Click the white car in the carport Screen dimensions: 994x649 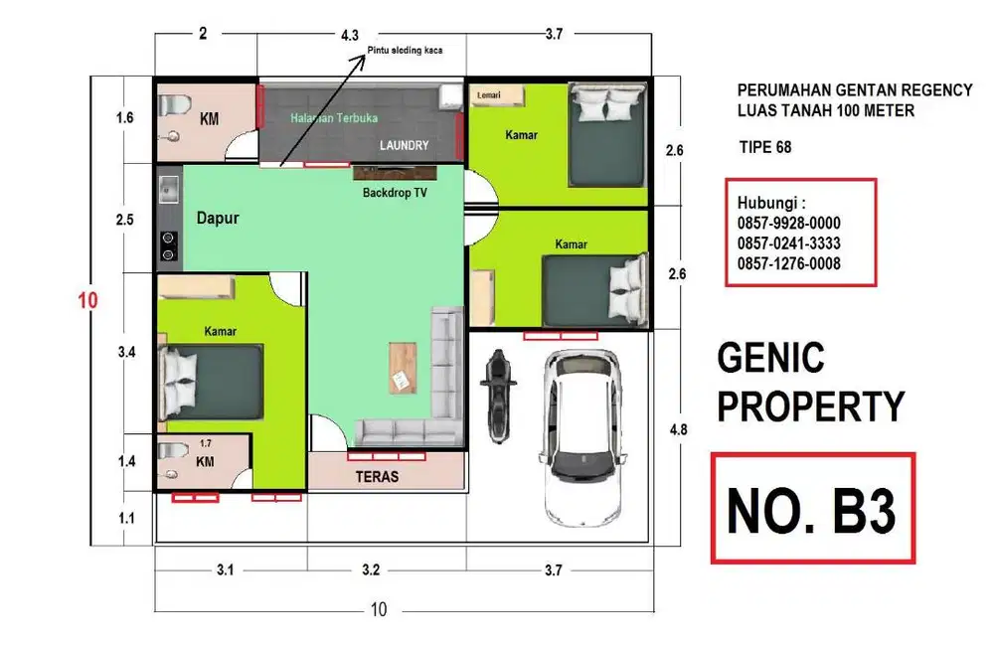pos(581,438)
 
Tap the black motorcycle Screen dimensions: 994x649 pos(498,396)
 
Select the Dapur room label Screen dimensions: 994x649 pos(218,218)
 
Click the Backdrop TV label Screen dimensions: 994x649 pos(395,193)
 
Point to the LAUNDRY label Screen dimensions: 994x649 pos(404,145)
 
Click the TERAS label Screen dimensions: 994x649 pos(377,477)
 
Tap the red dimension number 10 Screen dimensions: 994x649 pos(88,300)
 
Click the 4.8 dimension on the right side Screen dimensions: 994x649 pos(678,429)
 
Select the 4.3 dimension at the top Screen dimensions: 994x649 pos(349,36)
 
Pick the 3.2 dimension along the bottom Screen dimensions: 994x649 pos(371,569)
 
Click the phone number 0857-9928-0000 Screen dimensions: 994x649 pos(788,223)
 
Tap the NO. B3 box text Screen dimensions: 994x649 pos(812,511)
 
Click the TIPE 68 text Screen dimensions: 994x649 pos(765,148)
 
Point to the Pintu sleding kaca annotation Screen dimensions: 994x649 pos(406,50)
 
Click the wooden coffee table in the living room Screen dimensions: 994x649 pos(403,368)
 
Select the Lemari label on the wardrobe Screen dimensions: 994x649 pos(489,95)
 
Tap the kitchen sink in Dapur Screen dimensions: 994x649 pos(168,190)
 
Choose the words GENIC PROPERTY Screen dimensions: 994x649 pos(811,383)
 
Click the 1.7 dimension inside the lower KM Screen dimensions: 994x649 pos(206,443)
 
